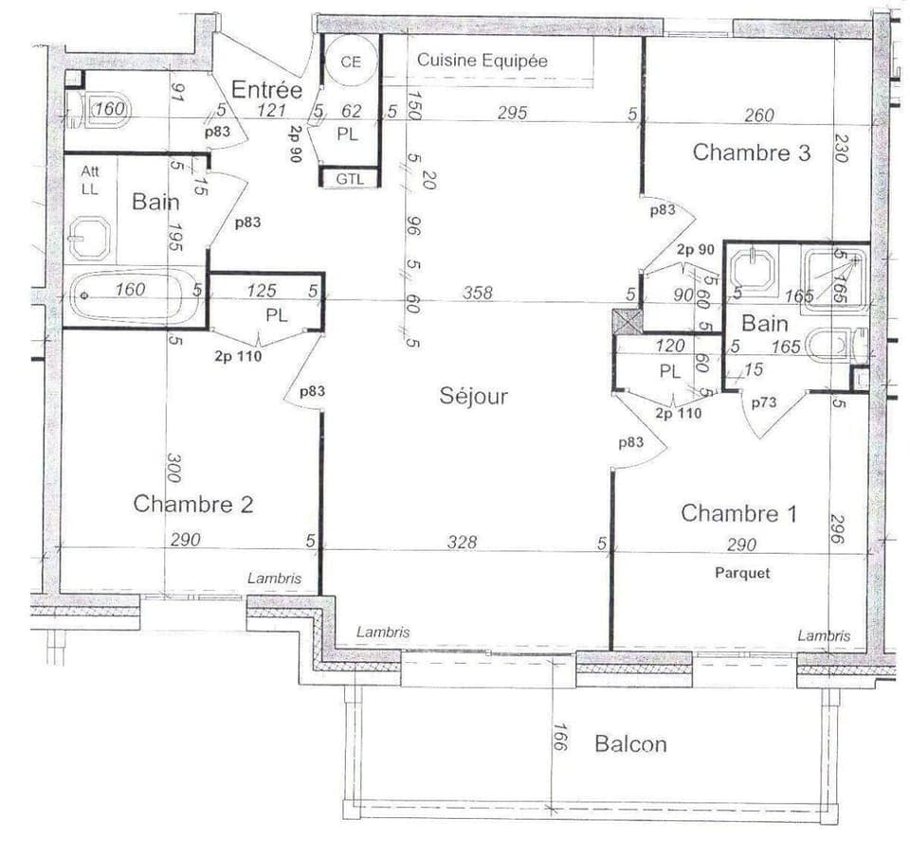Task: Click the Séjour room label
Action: [473, 396]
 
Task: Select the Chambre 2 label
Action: [192, 503]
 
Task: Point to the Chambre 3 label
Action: [751, 152]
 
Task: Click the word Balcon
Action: [629, 744]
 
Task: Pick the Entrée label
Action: [266, 91]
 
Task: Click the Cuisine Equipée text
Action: [482, 61]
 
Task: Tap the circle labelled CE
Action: [352, 62]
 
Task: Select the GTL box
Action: [350, 178]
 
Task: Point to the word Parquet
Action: [742, 573]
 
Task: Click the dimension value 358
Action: [477, 294]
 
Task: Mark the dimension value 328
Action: [463, 543]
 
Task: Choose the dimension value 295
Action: [512, 114]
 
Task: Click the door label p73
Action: [764, 402]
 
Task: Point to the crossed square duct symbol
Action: [627, 322]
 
